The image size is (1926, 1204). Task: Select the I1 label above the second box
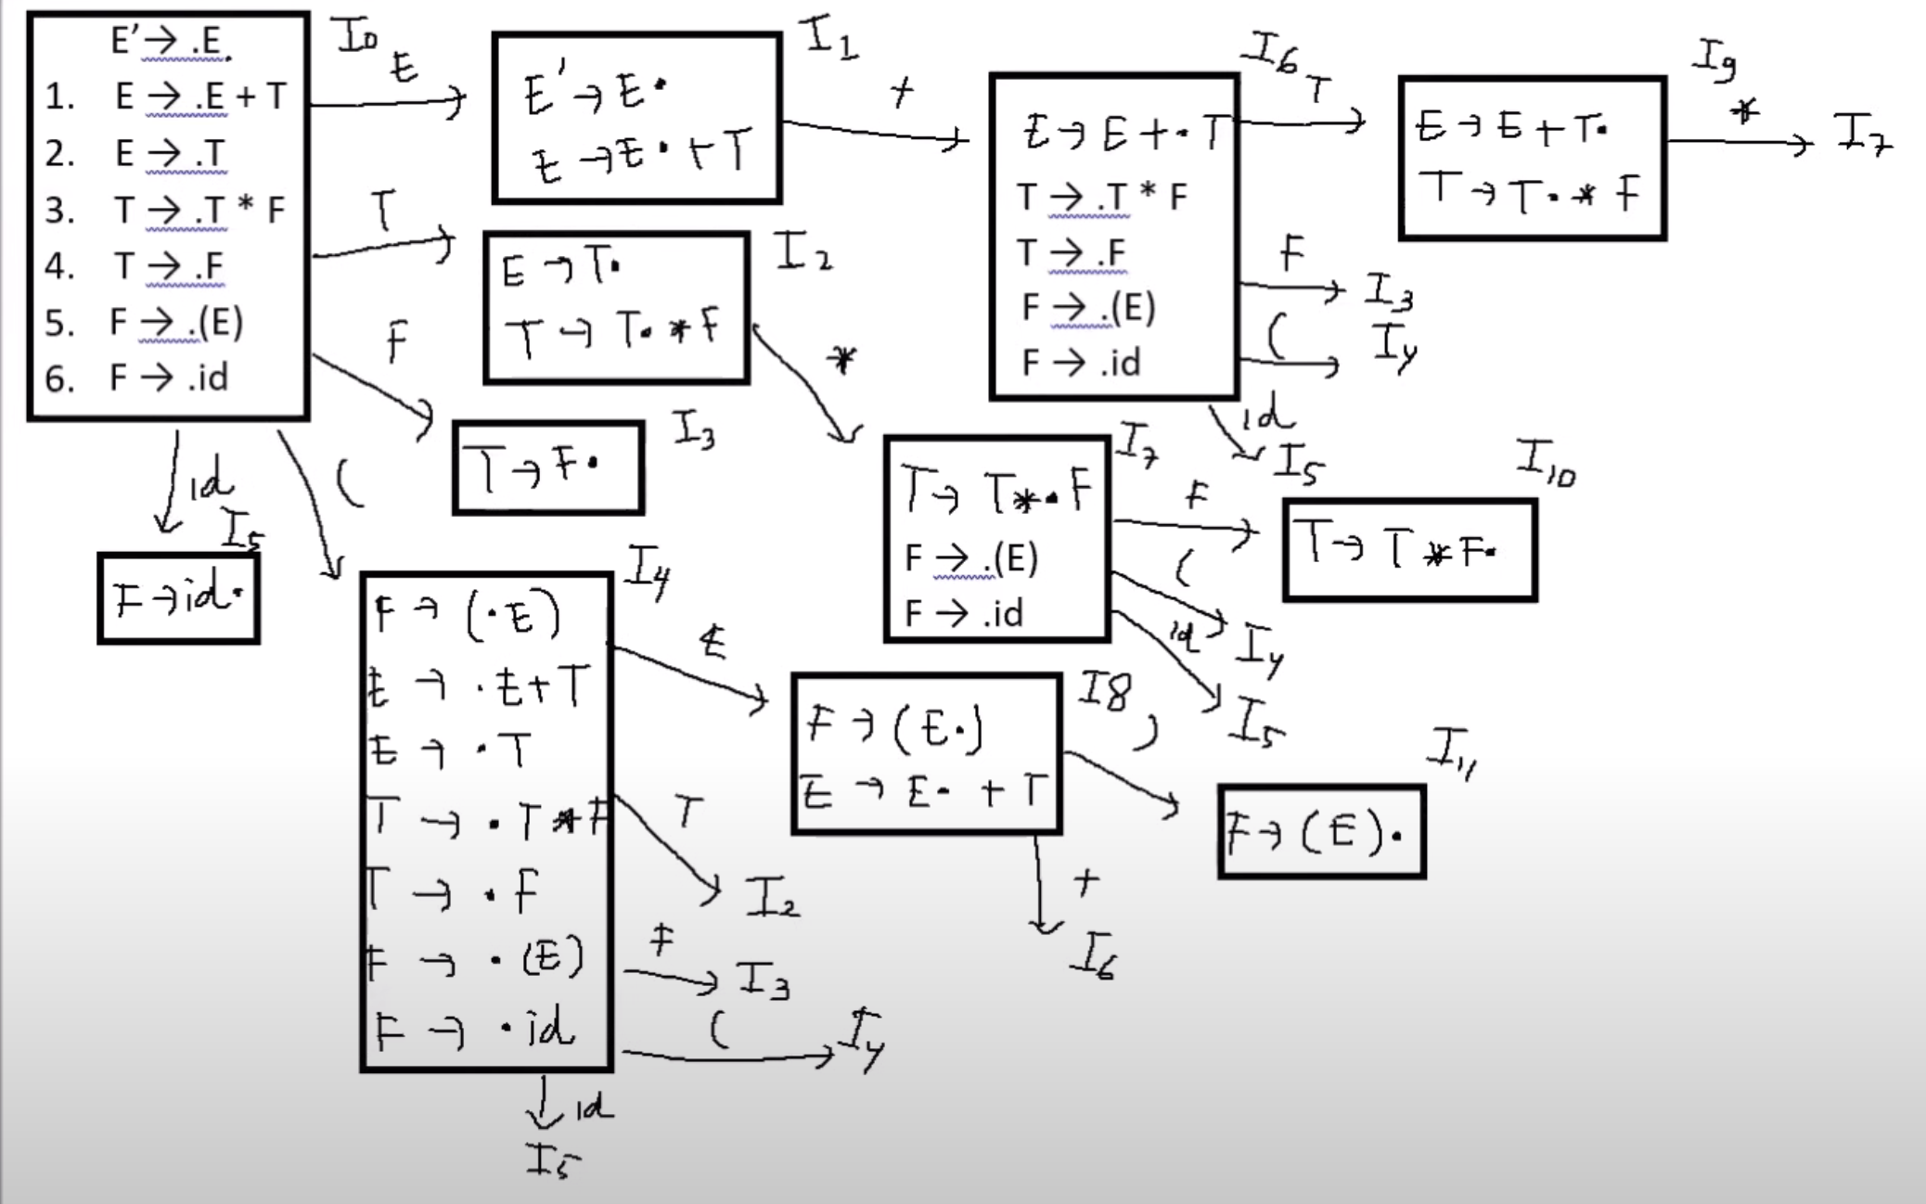coord(830,39)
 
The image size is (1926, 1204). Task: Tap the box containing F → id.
coord(178,598)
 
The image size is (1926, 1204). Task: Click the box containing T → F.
coord(547,468)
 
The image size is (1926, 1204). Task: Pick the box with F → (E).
coord(1321,832)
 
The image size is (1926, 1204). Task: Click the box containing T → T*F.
coord(1409,551)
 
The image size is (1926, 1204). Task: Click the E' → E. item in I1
coord(594,93)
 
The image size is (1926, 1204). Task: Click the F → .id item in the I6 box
coord(1081,363)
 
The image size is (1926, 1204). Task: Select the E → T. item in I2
coord(561,270)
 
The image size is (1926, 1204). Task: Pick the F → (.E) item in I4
coord(468,615)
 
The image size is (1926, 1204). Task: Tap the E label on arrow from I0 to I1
coord(404,67)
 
